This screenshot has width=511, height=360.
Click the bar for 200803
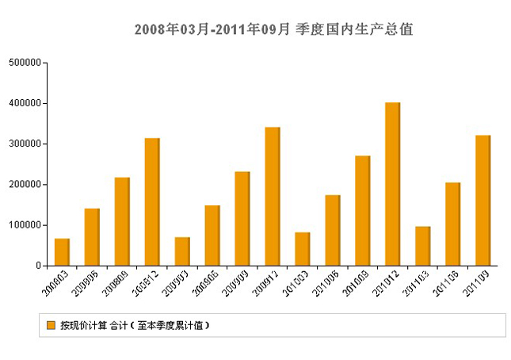[62, 252]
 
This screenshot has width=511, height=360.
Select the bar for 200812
[152, 202]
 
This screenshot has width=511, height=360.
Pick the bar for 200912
[273, 197]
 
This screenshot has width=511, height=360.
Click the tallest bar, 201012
[392, 184]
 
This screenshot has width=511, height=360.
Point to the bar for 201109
[482, 201]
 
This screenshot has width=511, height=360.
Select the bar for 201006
[332, 230]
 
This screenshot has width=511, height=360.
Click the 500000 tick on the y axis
[25, 63]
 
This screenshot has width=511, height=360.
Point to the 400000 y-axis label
[25, 103]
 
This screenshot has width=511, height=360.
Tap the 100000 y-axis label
[25, 225]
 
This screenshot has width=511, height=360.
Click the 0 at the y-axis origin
[37, 266]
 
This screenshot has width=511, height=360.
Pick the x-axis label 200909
[236, 283]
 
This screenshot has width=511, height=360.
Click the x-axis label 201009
[357, 283]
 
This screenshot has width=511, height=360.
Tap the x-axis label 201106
[447, 283]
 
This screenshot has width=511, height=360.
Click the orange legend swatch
[51, 325]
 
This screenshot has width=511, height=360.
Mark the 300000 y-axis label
[25, 144]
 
